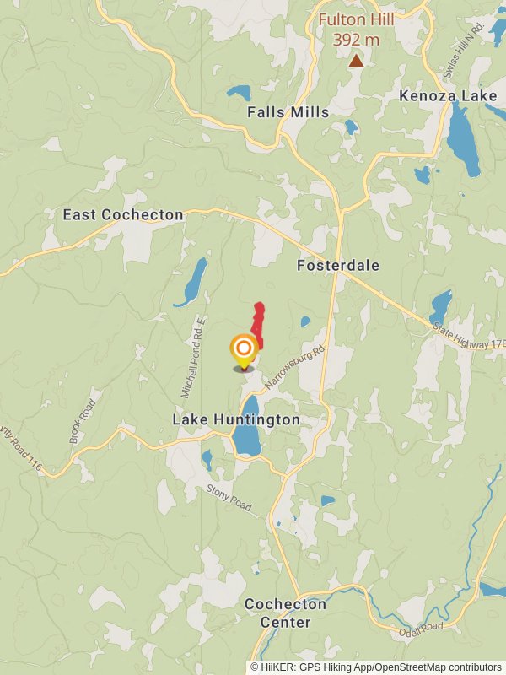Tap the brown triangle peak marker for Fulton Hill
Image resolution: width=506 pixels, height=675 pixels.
pyautogui.click(x=357, y=60)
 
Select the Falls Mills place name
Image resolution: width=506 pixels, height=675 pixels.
pyautogui.click(x=288, y=111)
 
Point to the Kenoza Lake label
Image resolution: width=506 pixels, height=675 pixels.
pyautogui.click(x=448, y=96)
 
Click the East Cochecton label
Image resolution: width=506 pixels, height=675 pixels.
pyautogui.click(x=123, y=215)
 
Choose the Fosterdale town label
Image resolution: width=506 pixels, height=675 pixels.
pyautogui.click(x=338, y=266)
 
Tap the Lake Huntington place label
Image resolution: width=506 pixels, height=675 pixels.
pyautogui.click(x=236, y=419)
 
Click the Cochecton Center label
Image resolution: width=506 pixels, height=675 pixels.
pyautogui.click(x=273, y=613)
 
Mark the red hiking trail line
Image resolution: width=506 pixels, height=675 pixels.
pyautogui.click(x=258, y=325)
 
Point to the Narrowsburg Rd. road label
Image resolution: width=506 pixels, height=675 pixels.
pyautogui.click(x=295, y=366)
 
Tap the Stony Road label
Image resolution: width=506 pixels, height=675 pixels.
pyautogui.click(x=229, y=498)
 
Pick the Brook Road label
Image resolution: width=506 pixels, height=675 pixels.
pyautogui.click(x=83, y=422)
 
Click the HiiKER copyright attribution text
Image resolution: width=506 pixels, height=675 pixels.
pyautogui.click(x=376, y=667)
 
